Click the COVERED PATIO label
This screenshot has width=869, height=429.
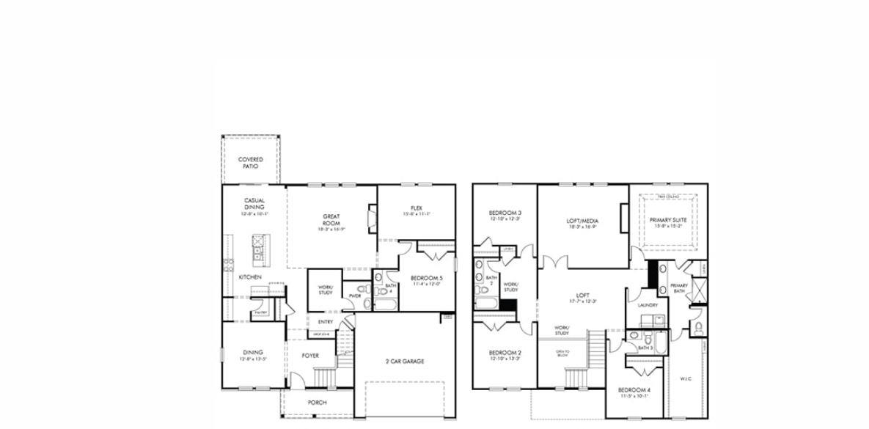point(250,163)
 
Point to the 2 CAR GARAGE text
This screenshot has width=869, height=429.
point(404,361)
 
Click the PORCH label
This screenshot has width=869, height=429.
point(317,403)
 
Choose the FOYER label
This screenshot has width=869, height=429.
point(310,356)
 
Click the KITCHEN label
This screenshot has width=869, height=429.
point(250,277)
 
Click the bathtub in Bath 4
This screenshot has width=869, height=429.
point(386,301)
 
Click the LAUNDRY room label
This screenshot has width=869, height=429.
point(648,305)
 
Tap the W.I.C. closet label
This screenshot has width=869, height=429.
point(685,379)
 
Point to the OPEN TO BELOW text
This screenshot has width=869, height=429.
point(562,353)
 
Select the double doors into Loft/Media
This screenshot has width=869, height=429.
point(556,263)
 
